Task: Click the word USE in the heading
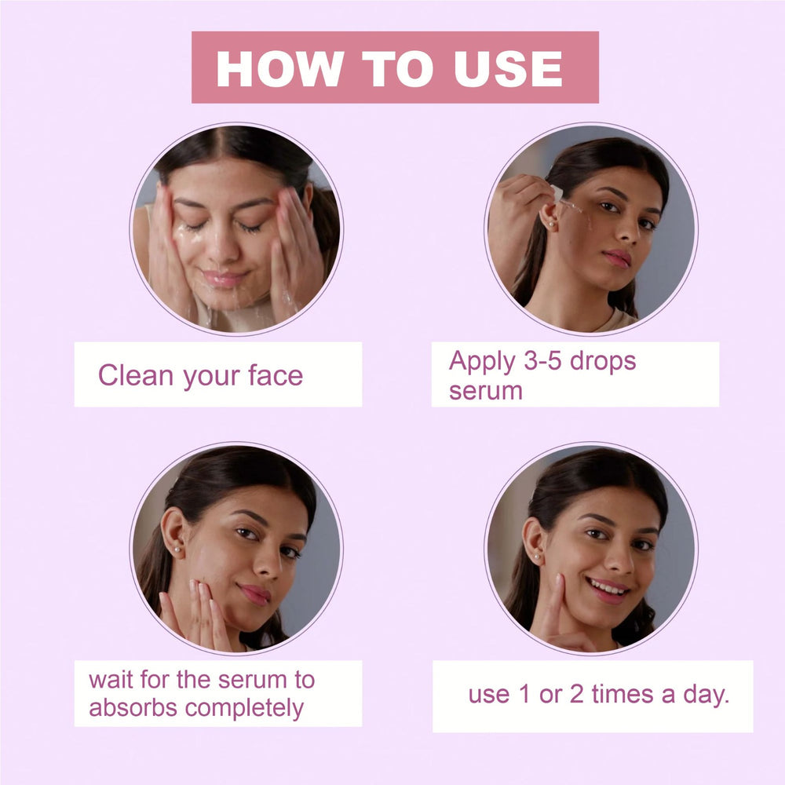click(509, 68)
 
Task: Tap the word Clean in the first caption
click(136, 375)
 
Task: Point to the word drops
click(603, 362)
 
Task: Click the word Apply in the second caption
click(483, 362)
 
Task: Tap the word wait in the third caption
click(111, 680)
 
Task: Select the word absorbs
click(133, 707)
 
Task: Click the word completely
click(244, 709)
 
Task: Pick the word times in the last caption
click(623, 694)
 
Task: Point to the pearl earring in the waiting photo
click(177, 549)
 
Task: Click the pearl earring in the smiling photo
click(536, 556)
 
